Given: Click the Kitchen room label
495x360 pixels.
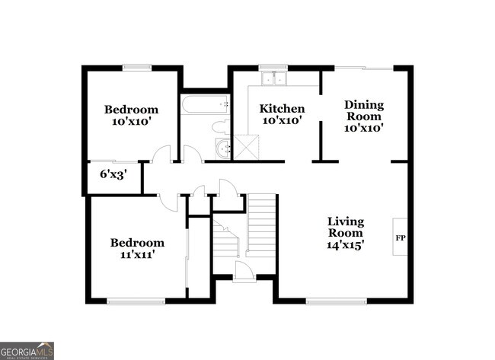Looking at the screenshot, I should tap(282, 109).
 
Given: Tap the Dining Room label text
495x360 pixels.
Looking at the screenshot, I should tap(363, 110).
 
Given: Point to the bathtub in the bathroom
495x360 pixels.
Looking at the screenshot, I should tap(204, 104).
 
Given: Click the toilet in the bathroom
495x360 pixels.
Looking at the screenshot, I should tap(220, 126).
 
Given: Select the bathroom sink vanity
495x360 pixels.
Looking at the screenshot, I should tap(222, 148).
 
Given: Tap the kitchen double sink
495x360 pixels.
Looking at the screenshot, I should tap(272, 78).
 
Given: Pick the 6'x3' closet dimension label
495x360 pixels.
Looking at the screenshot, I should tap(113, 174).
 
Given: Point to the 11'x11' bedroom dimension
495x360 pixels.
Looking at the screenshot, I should tap(137, 256).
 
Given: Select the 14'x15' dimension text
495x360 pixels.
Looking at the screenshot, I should tap(346, 245).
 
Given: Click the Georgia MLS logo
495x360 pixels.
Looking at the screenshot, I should tap(27, 350).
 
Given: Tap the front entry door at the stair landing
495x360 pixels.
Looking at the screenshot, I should tap(244, 271).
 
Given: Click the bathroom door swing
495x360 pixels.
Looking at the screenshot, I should tap(191, 154).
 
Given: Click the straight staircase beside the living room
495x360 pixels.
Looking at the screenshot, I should tap(260, 221).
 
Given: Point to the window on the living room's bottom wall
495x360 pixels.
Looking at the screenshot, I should tap(329, 301).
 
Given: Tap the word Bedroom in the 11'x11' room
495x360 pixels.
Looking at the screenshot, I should tap(137, 243).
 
